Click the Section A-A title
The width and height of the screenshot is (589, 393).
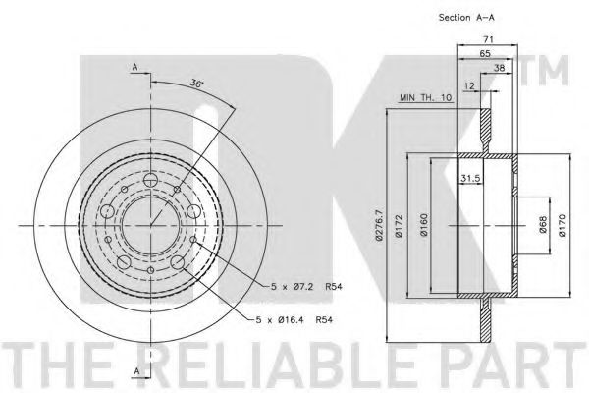point(466,18)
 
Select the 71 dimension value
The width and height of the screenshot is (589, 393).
point(488,38)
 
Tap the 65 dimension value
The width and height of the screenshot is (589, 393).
point(485,53)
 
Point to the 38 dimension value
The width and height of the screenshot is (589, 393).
point(499,68)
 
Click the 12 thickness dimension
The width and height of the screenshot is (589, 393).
point(469,86)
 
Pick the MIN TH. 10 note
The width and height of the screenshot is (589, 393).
point(425,98)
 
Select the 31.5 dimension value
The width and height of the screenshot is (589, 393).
point(470,178)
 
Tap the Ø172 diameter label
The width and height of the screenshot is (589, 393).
point(399,226)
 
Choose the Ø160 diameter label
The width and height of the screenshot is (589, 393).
point(424,225)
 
